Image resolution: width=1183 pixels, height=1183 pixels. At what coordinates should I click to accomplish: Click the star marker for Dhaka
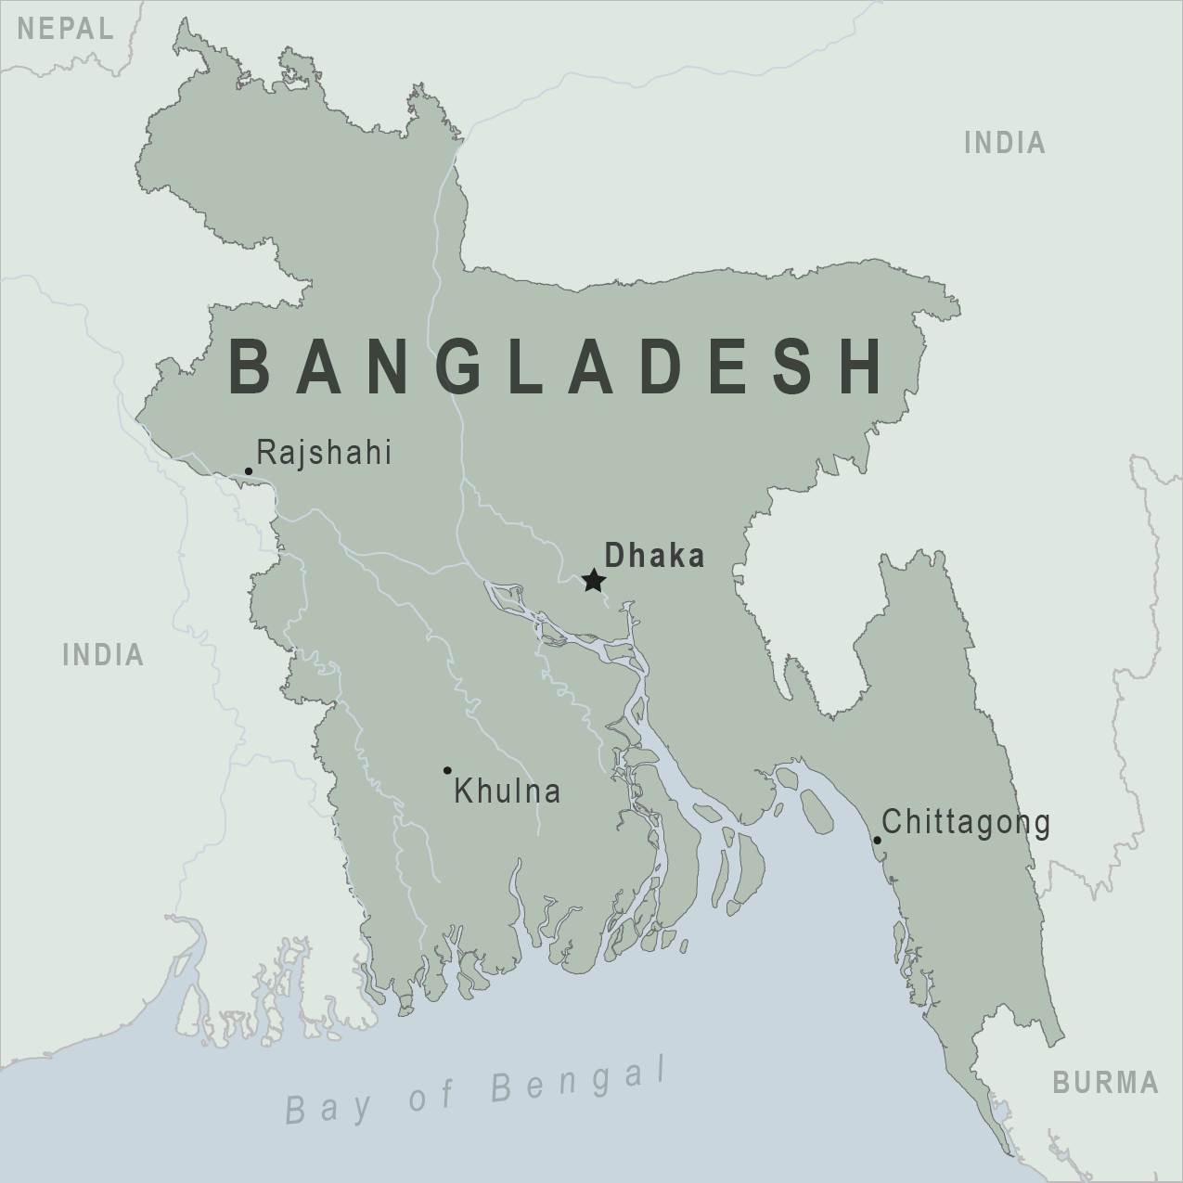click(x=594, y=582)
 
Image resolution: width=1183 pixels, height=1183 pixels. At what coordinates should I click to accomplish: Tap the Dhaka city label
click(x=654, y=556)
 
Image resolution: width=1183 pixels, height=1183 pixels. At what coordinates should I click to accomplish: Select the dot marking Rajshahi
click(x=249, y=471)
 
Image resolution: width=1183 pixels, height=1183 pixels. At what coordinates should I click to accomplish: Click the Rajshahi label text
click(x=324, y=453)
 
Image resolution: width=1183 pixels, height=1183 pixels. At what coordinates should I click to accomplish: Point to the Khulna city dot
click(x=447, y=770)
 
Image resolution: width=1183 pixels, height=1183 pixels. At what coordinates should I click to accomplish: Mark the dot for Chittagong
click(x=877, y=841)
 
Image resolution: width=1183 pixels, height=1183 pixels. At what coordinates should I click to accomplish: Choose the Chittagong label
click(x=966, y=822)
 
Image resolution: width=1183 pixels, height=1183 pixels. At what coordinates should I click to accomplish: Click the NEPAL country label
click(x=66, y=29)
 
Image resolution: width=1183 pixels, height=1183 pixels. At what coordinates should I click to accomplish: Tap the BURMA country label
click(x=1105, y=1082)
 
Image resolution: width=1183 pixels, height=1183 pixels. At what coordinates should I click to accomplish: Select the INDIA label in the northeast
click(x=1005, y=143)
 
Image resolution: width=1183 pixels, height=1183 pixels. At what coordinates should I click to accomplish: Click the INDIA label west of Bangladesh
click(x=103, y=655)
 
